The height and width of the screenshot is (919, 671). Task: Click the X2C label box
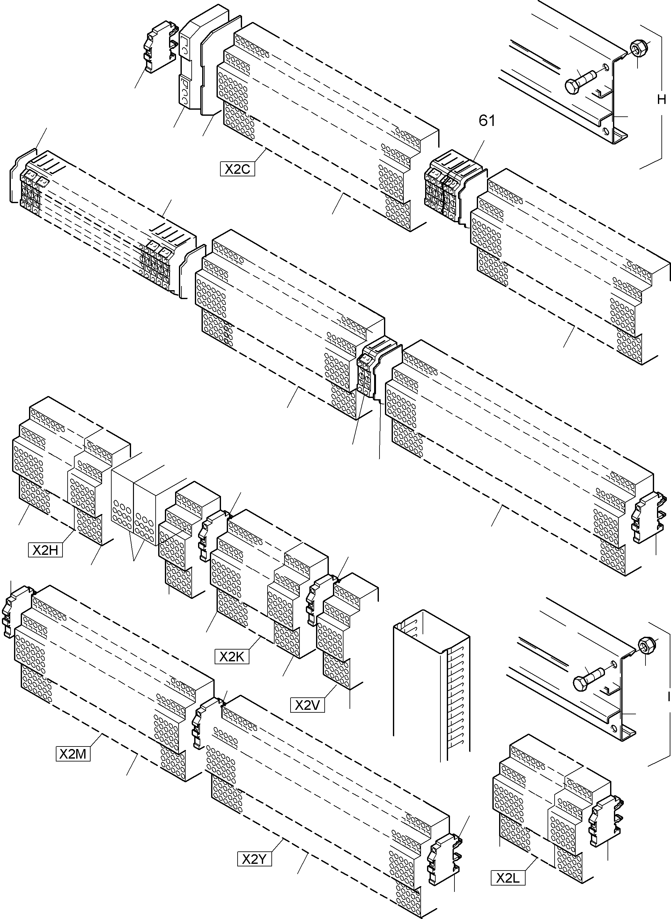click(x=238, y=169)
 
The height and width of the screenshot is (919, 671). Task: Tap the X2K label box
click(x=232, y=657)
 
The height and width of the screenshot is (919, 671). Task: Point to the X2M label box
click(x=73, y=753)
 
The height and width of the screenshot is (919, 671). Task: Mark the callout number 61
click(x=487, y=120)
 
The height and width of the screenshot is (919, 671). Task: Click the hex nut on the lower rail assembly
click(x=645, y=644)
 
